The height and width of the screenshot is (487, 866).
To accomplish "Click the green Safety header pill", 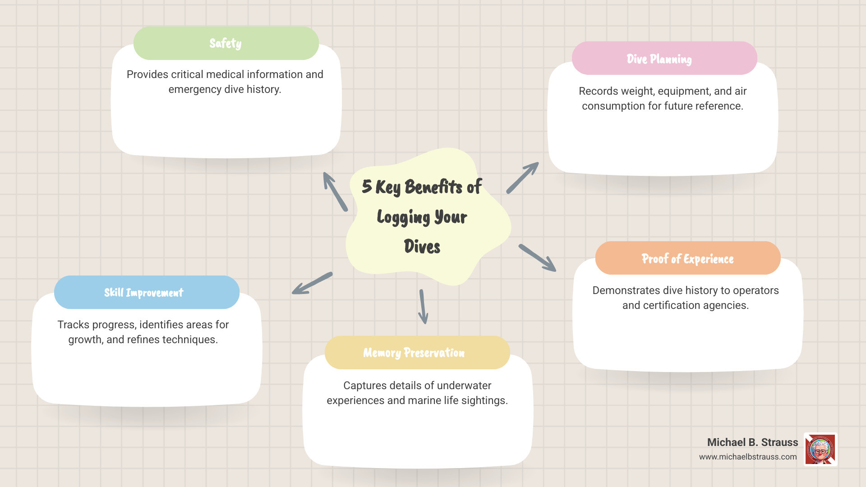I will coord(226,43).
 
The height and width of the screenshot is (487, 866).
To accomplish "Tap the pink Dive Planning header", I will coord(664,59).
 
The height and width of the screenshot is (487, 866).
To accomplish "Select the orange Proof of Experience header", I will coord(687,258).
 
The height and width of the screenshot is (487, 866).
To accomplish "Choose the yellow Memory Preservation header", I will coord(417,353).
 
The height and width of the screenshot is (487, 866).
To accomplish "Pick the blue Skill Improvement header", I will coord(147,293).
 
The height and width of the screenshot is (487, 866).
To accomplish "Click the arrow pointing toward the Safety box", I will coord(335,191).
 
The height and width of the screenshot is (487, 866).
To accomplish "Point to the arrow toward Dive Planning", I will coord(523,178).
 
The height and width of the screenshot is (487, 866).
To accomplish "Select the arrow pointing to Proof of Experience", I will coord(537,258).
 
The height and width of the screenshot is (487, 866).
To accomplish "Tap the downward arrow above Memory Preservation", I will coord(423,307).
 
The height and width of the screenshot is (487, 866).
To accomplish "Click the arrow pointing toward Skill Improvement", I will coord(312,284).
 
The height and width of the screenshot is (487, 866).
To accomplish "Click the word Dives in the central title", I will coord(422,247).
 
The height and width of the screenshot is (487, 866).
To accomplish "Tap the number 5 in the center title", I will coord(367,186).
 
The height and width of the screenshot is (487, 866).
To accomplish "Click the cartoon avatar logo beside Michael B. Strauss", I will coord(820,450).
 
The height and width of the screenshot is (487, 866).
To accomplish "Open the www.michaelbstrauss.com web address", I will coord(748,457).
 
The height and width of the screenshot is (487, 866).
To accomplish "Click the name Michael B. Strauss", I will coord(752,442).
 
